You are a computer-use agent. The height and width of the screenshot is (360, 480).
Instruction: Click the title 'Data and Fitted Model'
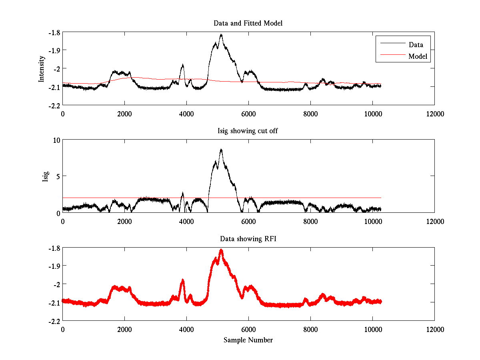248,23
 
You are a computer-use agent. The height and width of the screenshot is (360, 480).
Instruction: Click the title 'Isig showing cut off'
248,131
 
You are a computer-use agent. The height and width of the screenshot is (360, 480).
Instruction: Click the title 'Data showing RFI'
248,239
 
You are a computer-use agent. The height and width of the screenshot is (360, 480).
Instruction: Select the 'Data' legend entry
416,44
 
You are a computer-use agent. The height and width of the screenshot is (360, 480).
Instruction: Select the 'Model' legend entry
418,56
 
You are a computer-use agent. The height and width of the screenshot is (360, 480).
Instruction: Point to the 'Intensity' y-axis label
41,69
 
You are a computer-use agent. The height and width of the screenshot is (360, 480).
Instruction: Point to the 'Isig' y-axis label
46,176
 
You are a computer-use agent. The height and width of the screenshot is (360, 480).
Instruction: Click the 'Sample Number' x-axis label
248,340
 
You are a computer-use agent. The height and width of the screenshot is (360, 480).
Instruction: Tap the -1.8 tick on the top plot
55,32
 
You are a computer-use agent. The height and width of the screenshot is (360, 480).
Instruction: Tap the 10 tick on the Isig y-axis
56,140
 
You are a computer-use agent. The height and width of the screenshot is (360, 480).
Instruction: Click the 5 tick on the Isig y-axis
57,176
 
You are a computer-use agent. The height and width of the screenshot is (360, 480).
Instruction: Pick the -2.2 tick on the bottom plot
55,321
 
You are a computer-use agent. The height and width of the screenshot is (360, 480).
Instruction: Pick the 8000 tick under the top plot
310,114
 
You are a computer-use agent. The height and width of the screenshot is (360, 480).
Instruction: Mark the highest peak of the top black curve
221,35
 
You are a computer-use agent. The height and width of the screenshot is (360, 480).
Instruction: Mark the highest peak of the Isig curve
221,149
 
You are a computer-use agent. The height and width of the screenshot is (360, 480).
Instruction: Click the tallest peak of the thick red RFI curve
221,250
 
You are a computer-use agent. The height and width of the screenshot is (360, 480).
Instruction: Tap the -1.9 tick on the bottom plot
55,266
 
